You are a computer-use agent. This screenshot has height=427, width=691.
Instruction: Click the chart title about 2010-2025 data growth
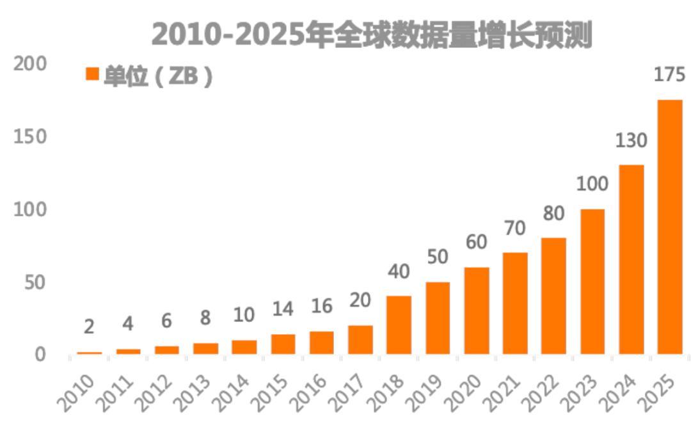[372, 35]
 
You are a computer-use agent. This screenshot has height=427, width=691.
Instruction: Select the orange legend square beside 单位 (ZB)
[92, 74]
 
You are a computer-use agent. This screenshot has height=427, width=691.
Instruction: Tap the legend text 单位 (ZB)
[157, 77]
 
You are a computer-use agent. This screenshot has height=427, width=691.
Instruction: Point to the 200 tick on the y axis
[30, 64]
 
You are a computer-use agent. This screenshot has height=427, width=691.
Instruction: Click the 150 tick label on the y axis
[30, 137]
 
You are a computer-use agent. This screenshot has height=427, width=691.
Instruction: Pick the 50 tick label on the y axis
[36, 282]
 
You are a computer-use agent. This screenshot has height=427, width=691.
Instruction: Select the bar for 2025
[670, 227]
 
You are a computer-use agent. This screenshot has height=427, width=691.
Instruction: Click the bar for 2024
[631, 259]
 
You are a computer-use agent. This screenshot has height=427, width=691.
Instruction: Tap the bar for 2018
[399, 325]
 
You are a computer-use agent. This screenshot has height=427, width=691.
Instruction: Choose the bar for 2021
[515, 303]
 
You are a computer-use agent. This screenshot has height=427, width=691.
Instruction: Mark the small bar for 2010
[90, 353]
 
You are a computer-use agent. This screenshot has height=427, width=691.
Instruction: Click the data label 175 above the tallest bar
[669, 75]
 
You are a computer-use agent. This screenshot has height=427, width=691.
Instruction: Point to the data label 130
[631, 140]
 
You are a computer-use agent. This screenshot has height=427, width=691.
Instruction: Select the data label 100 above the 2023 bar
[592, 184]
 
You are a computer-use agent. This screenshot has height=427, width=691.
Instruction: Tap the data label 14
[282, 309]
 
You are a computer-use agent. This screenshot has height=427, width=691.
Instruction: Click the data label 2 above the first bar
[89, 326]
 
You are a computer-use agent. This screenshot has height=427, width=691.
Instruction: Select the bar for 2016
[322, 342]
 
